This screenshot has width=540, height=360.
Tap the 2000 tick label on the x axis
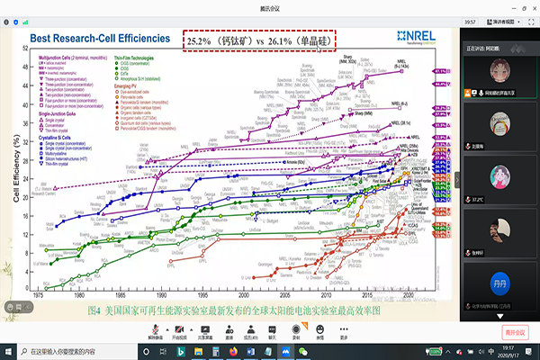tap(245, 293)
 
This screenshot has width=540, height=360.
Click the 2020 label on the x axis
tap(409, 293)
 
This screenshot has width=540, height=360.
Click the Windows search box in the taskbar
tap(67, 351)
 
